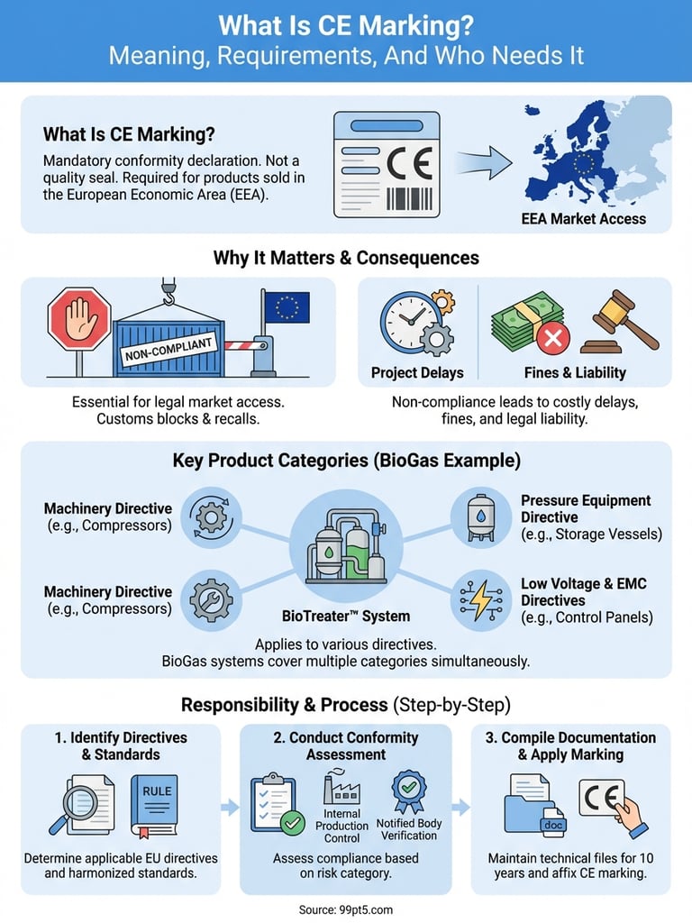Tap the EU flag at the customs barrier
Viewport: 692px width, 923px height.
[x=286, y=307]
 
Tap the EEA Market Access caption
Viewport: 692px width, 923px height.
[x=583, y=218]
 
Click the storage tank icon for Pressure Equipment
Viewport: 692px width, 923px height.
[x=481, y=517]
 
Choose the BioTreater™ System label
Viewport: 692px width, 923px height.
[x=346, y=617]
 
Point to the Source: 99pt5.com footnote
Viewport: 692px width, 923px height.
[x=346, y=909]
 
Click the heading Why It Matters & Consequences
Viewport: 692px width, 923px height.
[x=346, y=258]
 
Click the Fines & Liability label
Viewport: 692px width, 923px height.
[x=575, y=372]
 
